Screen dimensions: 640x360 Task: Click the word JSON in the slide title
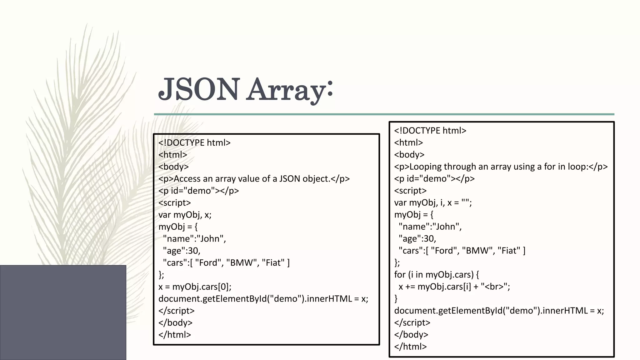[199, 89]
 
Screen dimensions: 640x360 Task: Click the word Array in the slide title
[285, 91]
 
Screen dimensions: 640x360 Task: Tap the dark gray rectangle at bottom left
[63, 312]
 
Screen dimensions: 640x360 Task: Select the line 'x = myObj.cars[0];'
[195, 287]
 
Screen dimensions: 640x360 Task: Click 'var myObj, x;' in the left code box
[185, 215]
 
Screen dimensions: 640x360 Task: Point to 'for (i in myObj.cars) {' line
[436, 274]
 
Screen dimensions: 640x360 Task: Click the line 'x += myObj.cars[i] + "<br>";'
[454, 287]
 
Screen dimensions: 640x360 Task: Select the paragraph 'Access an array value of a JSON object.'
[254, 179]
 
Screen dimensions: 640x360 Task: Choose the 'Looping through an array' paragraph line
[501, 167]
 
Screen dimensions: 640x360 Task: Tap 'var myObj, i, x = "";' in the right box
[433, 202]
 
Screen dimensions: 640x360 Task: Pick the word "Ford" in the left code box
[209, 262]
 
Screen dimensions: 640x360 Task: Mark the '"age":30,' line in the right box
[417, 238]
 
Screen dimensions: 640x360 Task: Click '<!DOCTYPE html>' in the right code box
[430, 131]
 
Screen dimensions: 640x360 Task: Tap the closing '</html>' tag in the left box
[174, 335]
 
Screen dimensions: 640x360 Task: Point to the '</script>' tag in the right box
[412, 322]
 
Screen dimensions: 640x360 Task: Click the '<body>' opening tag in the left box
[173, 167]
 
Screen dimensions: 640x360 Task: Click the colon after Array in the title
[330, 88]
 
